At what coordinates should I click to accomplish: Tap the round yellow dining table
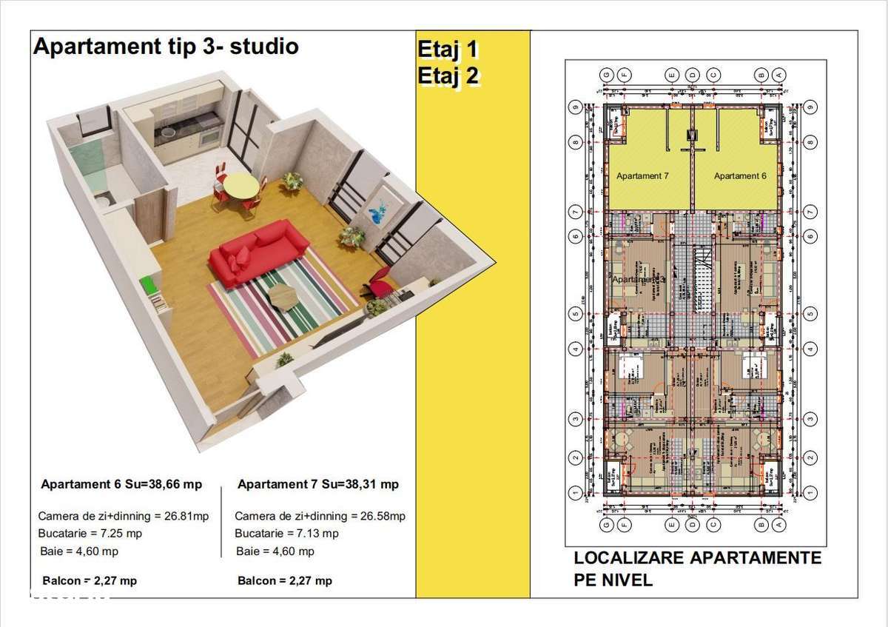click(x=241, y=184)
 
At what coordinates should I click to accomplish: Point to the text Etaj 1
click(x=448, y=50)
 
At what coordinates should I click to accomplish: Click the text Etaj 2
click(x=448, y=76)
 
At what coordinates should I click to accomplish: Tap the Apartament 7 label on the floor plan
click(x=642, y=176)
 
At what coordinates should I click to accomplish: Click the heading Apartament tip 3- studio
click(x=166, y=47)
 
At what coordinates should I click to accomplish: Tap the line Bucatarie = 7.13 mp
click(x=286, y=533)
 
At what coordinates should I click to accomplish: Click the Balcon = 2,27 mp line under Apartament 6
click(x=90, y=580)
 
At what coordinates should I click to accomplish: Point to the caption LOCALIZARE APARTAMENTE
click(x=697, y=558)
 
